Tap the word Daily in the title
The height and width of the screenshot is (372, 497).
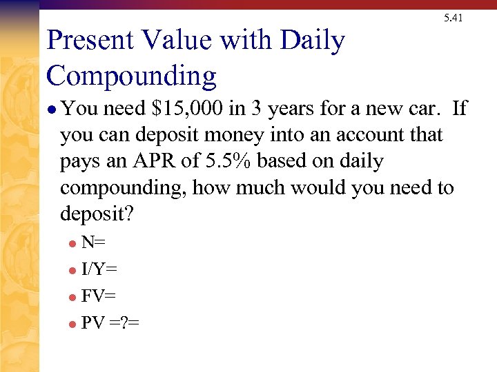click(x=311, y=42)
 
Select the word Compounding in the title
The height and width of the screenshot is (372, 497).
click(x=131, y=75)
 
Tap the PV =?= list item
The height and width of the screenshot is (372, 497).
click(x=110, y=322)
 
